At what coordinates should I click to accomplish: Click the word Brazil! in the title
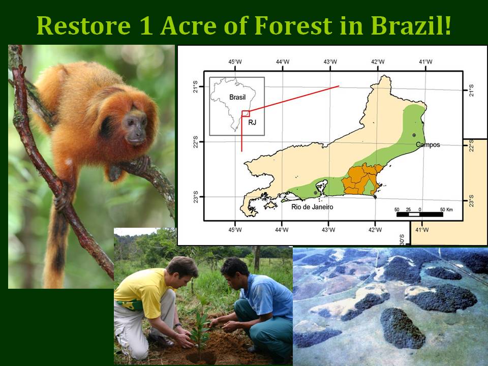pos(411,25)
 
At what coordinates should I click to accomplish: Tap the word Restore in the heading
pos(83,25)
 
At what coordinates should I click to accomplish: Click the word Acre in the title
pos(188,25)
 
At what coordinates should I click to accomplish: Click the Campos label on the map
pos(428,145)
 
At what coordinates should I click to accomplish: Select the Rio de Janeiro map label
pos(312,207)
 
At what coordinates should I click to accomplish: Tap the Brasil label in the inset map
pos(237,98)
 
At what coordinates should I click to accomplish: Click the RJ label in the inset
pos(252,123)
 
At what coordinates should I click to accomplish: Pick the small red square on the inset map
pos(246,113)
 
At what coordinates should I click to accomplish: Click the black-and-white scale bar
pos(419,215)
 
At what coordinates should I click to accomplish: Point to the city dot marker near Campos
pos(414,135)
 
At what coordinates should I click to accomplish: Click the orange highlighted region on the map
pos(361,179)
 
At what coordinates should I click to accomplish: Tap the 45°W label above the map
pos(235,62)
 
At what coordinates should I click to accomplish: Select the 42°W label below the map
pos(375,230)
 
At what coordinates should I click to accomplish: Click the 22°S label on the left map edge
pos(195,142)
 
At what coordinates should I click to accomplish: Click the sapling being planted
pos(200,324)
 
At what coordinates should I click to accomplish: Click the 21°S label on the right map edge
pos(472,90)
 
